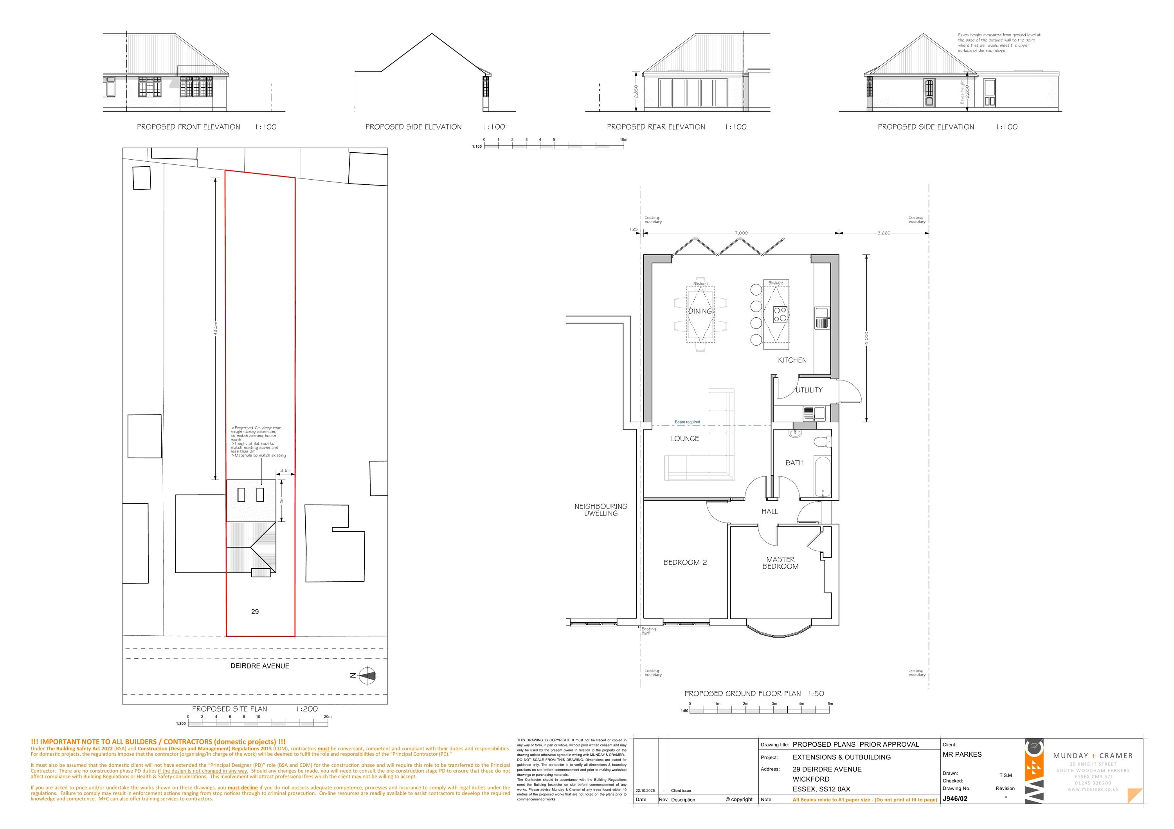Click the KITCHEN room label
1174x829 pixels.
coord(792,360)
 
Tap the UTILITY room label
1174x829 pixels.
coord(809,390)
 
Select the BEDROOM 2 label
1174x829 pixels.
coord(685,562)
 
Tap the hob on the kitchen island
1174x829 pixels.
coord(780,314)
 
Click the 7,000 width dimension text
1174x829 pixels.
coord(741,233)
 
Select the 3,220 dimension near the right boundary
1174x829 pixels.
coord(884,233)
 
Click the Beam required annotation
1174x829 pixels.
coord(687,422)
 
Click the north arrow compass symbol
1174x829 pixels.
coord(367,676)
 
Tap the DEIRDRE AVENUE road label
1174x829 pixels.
coord(260,666)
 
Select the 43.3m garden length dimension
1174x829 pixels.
coord(215,328)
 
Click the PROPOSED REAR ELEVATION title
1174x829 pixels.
coord(655,127)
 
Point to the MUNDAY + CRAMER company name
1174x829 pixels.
coord(1093,756)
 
